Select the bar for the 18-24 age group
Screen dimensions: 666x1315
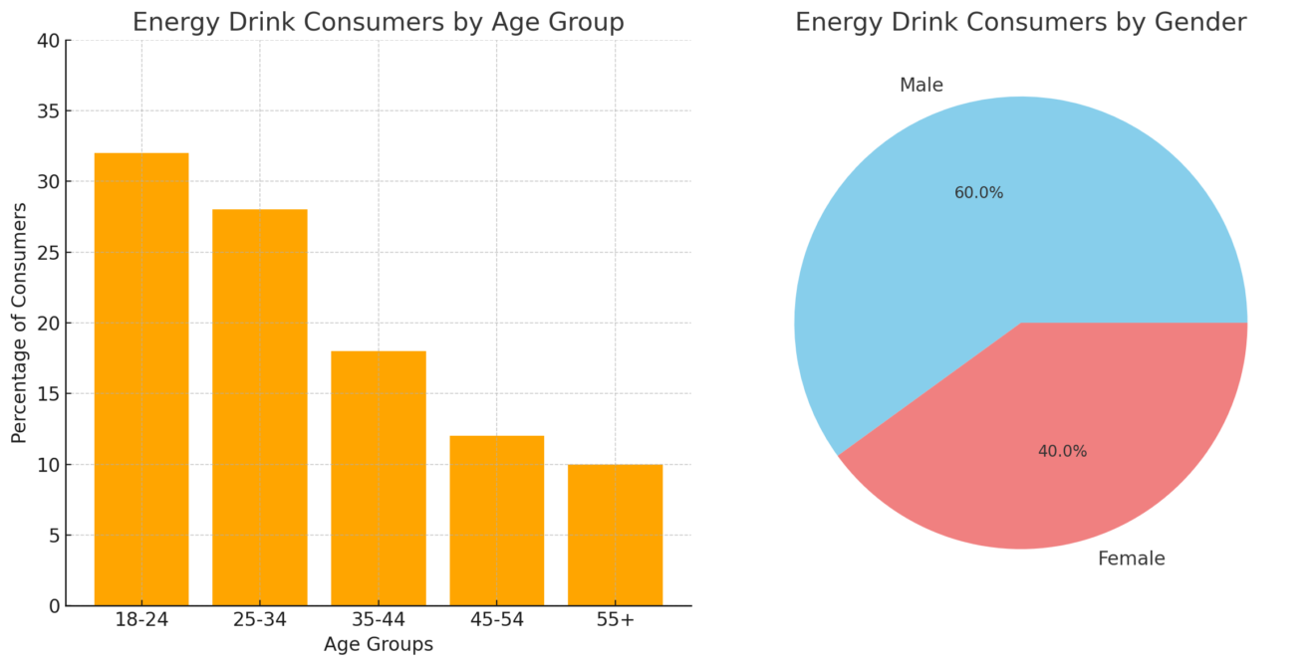click(141, 378)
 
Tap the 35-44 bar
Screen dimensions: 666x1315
click(379, 478)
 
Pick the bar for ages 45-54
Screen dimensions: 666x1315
click(497, 520)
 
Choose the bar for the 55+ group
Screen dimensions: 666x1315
click(615, 535)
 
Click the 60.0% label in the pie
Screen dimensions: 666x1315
click(978, 193)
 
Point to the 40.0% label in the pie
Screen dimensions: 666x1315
click(1062, 451)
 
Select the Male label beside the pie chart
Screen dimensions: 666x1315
click(920, 86)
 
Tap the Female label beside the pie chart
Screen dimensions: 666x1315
click(1131, 558)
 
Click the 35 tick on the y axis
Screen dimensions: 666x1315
click(48, 111)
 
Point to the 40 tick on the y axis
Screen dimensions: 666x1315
click(48, 41)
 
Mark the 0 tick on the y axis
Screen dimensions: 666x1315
click(53, 605)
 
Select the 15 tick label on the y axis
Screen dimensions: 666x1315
click(48, 393)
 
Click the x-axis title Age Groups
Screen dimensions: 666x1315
click(379, 644)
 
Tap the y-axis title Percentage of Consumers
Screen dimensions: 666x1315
click(19, 323)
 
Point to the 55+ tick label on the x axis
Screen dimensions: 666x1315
click(615, 619)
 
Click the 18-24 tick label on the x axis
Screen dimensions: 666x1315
click(141, 619)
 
